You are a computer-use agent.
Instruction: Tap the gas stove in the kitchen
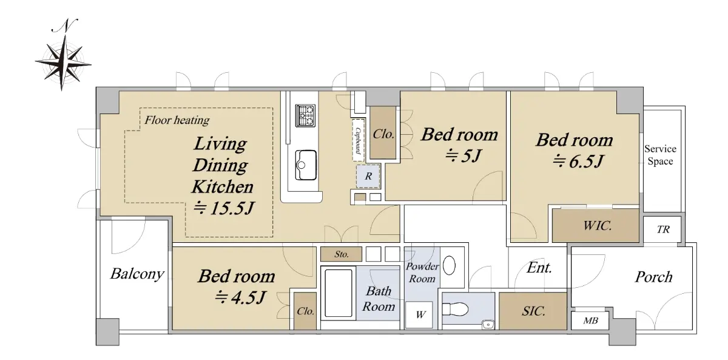pos(305,115)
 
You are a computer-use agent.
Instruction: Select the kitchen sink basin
pos(306,165)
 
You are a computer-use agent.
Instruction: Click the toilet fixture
pos(455,309)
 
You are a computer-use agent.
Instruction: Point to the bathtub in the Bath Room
pos(339,293)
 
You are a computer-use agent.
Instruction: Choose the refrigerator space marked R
pos(368,176)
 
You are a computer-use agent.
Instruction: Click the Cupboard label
pos(358,140)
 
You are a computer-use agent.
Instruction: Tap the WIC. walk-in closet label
pos(598,225)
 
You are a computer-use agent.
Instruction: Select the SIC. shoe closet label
pos(533,311)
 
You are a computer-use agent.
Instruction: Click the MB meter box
pos(590,321)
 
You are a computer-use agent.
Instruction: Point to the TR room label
pos(663,229)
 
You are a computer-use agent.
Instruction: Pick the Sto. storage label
pos(341,254)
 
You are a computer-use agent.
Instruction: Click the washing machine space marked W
pos(420,314)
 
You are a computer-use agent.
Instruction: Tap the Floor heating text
pos(177,120)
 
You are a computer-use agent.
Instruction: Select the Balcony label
pos(137,274)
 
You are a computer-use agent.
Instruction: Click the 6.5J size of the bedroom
pos(586,161)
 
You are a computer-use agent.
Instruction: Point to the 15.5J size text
pos(232,208)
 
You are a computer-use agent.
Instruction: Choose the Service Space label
pos(660,155)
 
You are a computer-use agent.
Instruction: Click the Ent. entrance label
pos(539,268)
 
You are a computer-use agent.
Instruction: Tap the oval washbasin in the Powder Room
pos(449,265)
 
